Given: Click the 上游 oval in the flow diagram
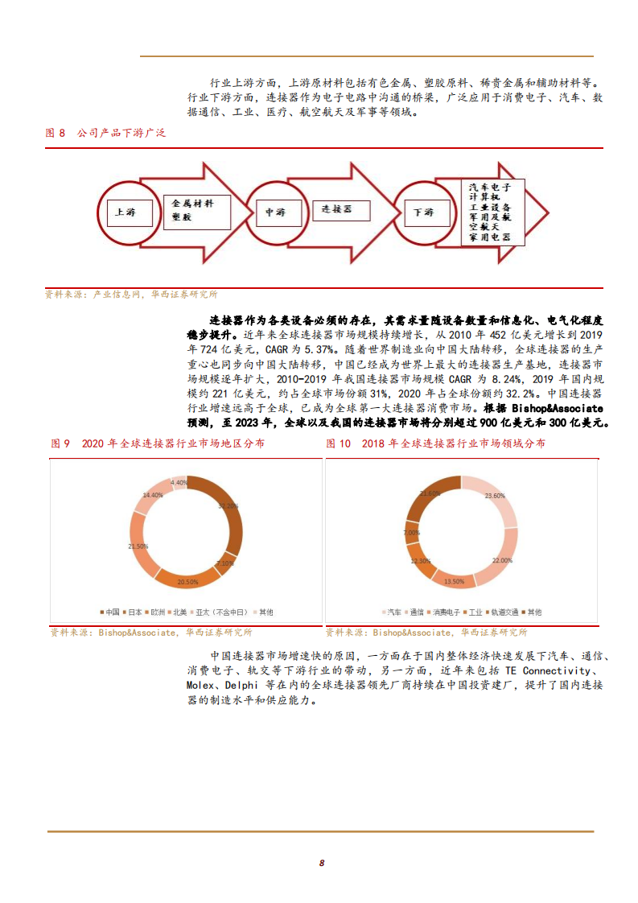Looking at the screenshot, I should [125, 212].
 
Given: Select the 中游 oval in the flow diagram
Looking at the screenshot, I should [275, 212].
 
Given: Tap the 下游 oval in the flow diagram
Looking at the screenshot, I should [424, 212].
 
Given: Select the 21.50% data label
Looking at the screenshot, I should [138, 546].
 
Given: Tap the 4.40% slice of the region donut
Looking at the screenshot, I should [179, 483].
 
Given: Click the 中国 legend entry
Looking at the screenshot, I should [110, 612].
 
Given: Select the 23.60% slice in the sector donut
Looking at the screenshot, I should [496, 497].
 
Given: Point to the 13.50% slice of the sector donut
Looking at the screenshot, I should [454, 579].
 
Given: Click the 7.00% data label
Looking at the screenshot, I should [412, 533].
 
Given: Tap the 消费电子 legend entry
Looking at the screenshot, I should [445, 612].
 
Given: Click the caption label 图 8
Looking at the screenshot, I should [56, 133].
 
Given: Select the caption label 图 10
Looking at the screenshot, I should [339, 443].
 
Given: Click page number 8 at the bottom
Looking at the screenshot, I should [321, 863].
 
